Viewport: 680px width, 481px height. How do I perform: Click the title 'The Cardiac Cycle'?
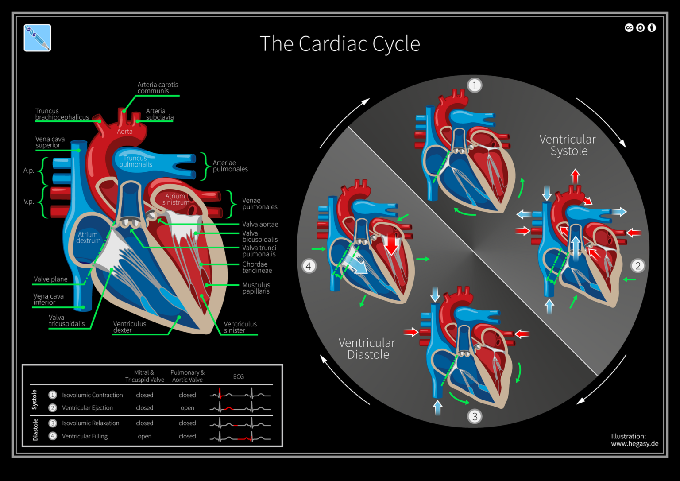pyautogui.click(x=340, y=44)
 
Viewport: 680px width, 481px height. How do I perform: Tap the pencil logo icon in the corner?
pyautogui.click(x=37, y=38)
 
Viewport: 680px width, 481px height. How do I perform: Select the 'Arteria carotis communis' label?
pyautogui.click(x=157, y=88)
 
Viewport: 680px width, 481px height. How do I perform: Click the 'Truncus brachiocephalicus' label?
pyautogui.click(x=62, y=114)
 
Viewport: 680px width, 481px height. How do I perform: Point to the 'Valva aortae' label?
pyautogui.click(x=260, y=225)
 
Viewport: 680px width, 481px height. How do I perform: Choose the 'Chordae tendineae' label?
pyautogui.click(x=257, y=268)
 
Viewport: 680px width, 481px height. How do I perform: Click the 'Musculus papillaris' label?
pyautogui.click(x=256, y=288)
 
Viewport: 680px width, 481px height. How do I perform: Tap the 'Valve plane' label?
pyautogui.click(x=50, y=279)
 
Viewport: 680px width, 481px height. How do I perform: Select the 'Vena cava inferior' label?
pyautogui.click(x=48, y=299)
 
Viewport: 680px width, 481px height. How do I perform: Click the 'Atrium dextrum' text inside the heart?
pyautogui.click(x=88, y=238)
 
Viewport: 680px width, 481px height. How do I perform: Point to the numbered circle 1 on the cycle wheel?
pyautogui.click(x=475, y=85)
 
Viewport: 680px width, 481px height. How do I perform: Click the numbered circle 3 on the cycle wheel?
pyautogui.click(x=475, y=416)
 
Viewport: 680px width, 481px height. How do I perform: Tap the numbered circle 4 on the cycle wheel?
pyautogui.click(x=309, y=266)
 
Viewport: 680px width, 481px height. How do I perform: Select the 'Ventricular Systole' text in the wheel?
pyautogui.click(x=568, y=145)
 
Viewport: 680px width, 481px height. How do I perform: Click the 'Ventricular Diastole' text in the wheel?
pyautogui.click(x=367, y=349)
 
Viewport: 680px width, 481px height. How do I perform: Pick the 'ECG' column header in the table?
pyautogui.click(x=238, y=377)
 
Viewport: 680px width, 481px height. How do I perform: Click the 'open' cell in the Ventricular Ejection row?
pyautogui.click(x=187, y=408)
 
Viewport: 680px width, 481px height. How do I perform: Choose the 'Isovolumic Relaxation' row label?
pyautogui.click(x=90, y=423)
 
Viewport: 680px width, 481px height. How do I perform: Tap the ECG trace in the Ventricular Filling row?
pyautogui.click(x=240, y=437)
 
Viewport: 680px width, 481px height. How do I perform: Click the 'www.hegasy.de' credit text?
pyautogui.click(x=634, y=443)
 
